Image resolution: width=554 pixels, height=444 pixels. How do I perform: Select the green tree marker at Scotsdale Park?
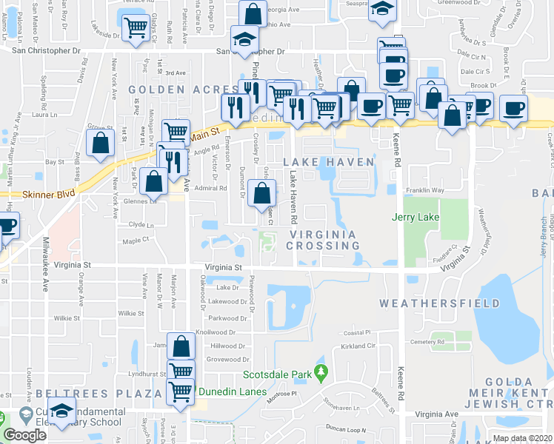coord(320,370)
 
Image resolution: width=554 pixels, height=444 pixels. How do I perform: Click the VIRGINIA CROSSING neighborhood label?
coord(323,240)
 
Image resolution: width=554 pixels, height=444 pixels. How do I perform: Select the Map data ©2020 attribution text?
coord(522,438)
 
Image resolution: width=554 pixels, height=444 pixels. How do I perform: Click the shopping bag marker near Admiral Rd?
coord(262,194)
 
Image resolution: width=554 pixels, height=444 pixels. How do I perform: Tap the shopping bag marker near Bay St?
coord(99,142)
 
